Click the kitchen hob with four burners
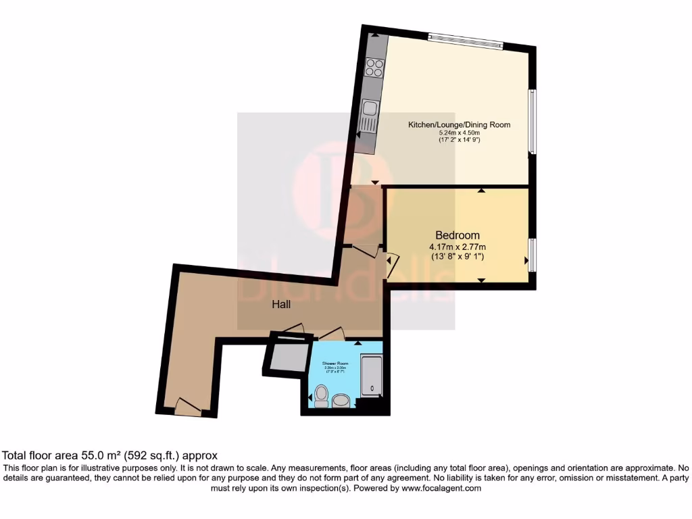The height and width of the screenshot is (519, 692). (374, 68)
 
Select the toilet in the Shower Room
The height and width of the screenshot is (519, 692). (321, 395)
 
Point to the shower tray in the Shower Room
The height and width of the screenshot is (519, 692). (371, 376)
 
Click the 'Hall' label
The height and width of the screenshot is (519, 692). (281, 305)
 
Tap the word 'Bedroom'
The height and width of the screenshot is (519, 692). (458, 234)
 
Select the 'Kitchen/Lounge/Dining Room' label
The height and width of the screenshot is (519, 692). (459, 125)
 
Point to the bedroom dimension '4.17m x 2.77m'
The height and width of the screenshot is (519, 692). (458, 247)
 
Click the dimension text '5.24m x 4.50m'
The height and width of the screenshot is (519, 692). (459, 133)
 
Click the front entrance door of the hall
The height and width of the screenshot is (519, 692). (188, 407)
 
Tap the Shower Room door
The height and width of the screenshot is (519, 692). (332, 333)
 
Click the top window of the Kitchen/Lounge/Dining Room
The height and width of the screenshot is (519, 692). (466, 41)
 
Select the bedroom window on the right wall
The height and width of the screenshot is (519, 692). (532, 255)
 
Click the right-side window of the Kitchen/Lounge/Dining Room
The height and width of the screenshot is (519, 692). (533, 122)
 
